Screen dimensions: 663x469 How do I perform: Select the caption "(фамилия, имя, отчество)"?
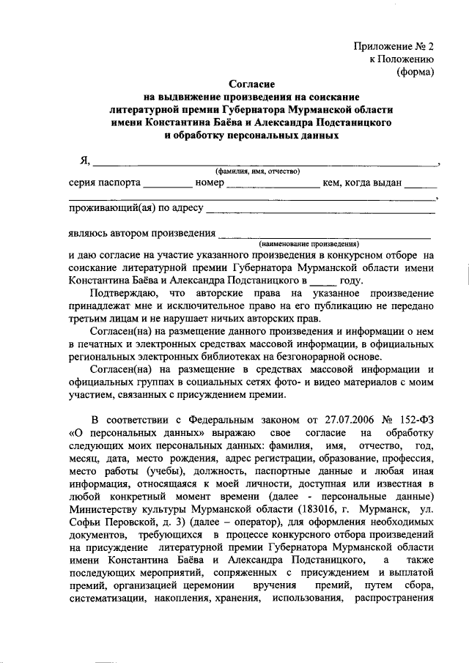254,171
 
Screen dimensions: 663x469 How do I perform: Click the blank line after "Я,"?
264,163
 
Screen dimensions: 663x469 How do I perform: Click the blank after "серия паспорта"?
167,185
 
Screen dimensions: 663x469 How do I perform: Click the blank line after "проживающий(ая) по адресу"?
321,211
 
